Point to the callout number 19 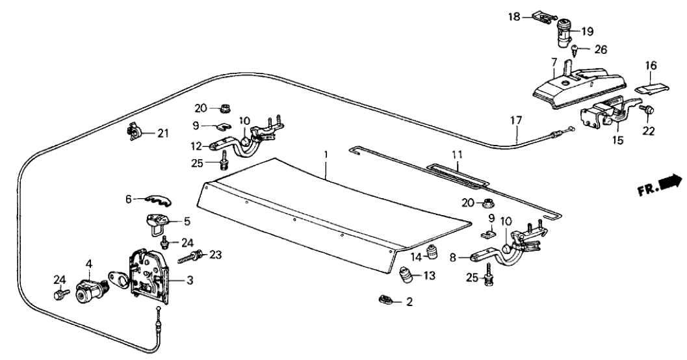pyautogui.click(x=587, y=30)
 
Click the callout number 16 pyautogui.click(x=650, y=65)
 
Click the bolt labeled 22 pyautogui.click(x=649, y=112)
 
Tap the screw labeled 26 pyautogui.click(x=576, y=47)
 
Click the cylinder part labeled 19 pyautogui.click(x=563, y=32)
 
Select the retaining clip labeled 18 pyautogui.click(x=542, y=16)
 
